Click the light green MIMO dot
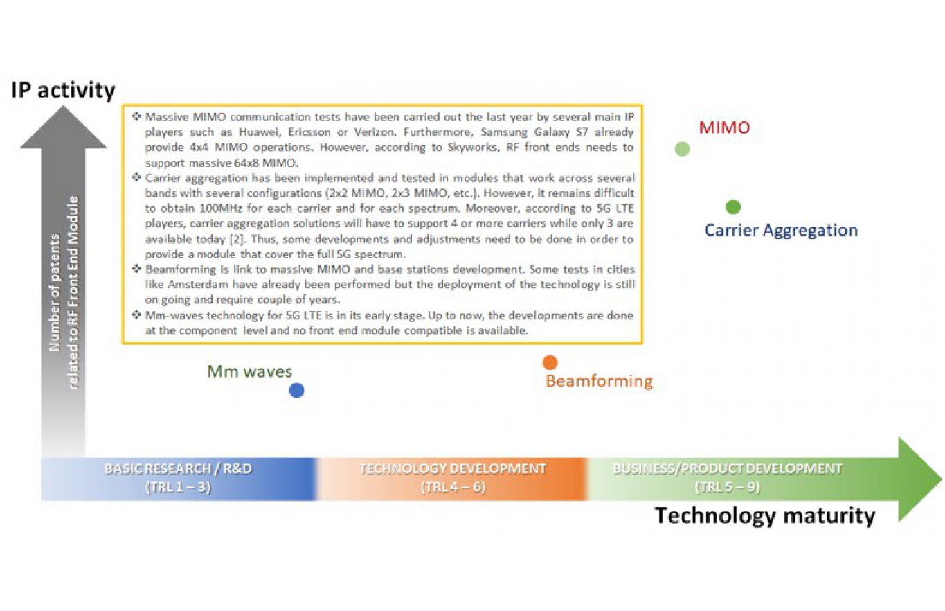point(682,149)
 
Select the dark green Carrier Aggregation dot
point(733,207)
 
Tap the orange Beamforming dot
point(550,362)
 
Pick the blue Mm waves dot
point(296,390)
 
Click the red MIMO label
point(724,127)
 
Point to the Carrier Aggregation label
point(782,231)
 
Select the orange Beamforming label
point(599,381)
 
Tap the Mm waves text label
point(249,371)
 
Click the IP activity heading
point(63,90)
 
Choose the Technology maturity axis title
point(765,516)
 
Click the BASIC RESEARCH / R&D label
point(178,469)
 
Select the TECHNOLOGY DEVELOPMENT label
point(453,469)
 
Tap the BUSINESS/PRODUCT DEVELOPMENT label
point(728,469)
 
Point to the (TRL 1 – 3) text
point(178,487)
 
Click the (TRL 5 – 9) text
point(728,487)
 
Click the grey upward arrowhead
point(63,127)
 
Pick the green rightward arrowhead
point(920,479)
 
